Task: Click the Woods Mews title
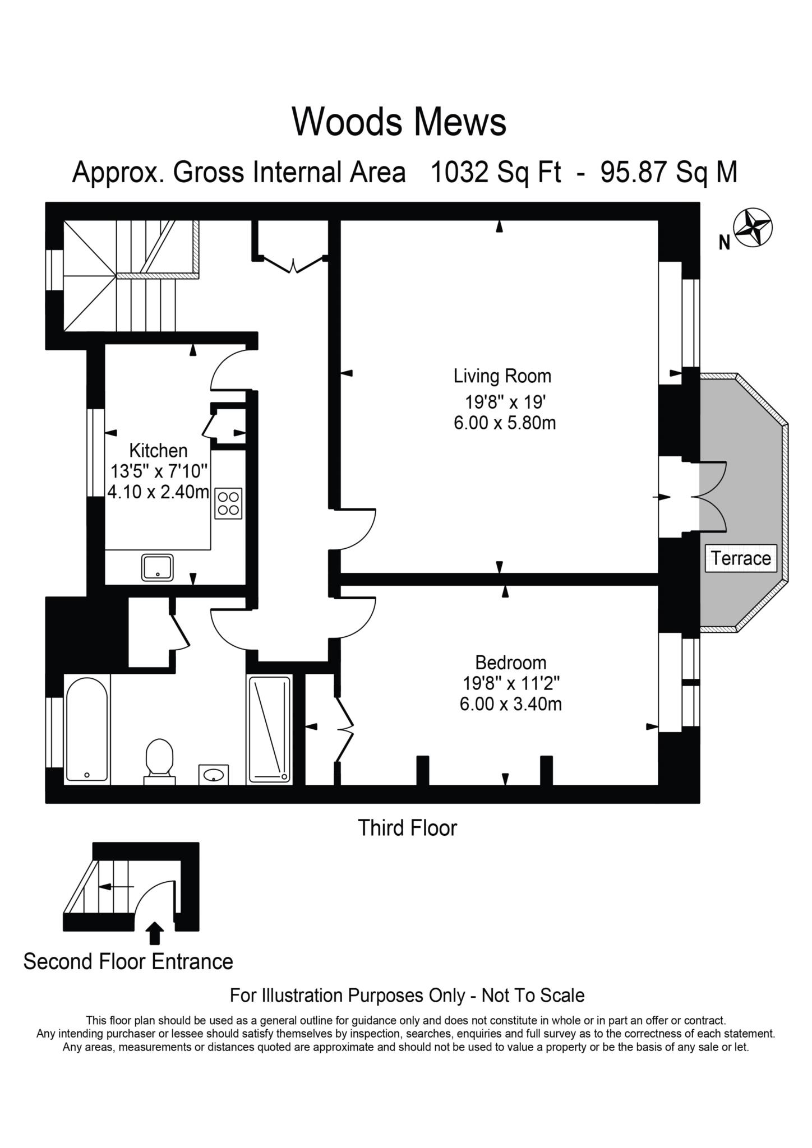(x=399, y=122)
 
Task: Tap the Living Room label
(x=502, y=376)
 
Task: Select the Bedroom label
(x=510, y=663)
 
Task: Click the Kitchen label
(x=158, y=450)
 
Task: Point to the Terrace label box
(x=741, y=558)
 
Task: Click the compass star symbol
(x=753, y=228)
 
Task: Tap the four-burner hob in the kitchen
(x=228, y=503)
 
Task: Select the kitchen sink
(x=158, y=567)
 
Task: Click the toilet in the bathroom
(x=160, y=760)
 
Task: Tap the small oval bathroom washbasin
(x=214, y=775)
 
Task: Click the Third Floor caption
(x=407, y=827)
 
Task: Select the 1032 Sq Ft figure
(x=495, y=172)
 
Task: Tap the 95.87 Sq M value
(x=668, y=172)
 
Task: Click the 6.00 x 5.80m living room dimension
(x=505, y=423)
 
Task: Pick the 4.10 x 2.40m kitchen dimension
(x=158, y=492)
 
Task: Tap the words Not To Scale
(x=533, y=996)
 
